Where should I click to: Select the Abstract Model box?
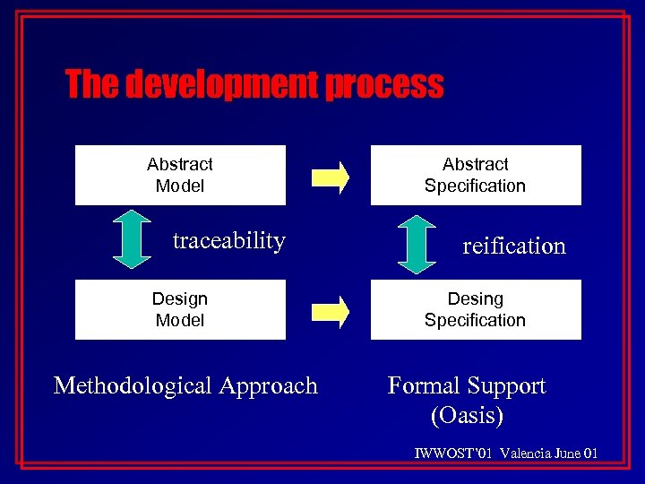coord(180,175)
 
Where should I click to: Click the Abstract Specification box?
coord(476,175)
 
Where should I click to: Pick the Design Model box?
coord(180,309)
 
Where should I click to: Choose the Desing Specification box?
coord(476,309)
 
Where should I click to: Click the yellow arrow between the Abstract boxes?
coord(330,176)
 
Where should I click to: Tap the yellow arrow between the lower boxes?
coord(330,310)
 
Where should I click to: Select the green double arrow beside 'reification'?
coord(416,243)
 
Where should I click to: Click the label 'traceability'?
coord(228,240)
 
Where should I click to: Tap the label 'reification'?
coord(514,246)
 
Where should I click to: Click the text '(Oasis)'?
coord(467,416)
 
